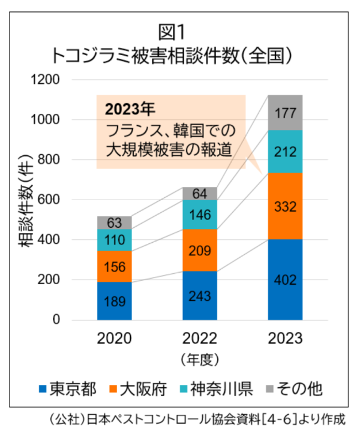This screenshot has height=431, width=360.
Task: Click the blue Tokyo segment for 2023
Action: [285, 279]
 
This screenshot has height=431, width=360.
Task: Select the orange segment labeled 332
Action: [285, 206]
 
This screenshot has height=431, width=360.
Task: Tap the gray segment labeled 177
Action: [285, 113]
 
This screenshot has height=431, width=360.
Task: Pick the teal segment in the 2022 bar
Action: [200, 214]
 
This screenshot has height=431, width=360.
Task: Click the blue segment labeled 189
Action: [115, 300]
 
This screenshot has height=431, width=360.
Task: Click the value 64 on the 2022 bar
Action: [200, 194]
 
